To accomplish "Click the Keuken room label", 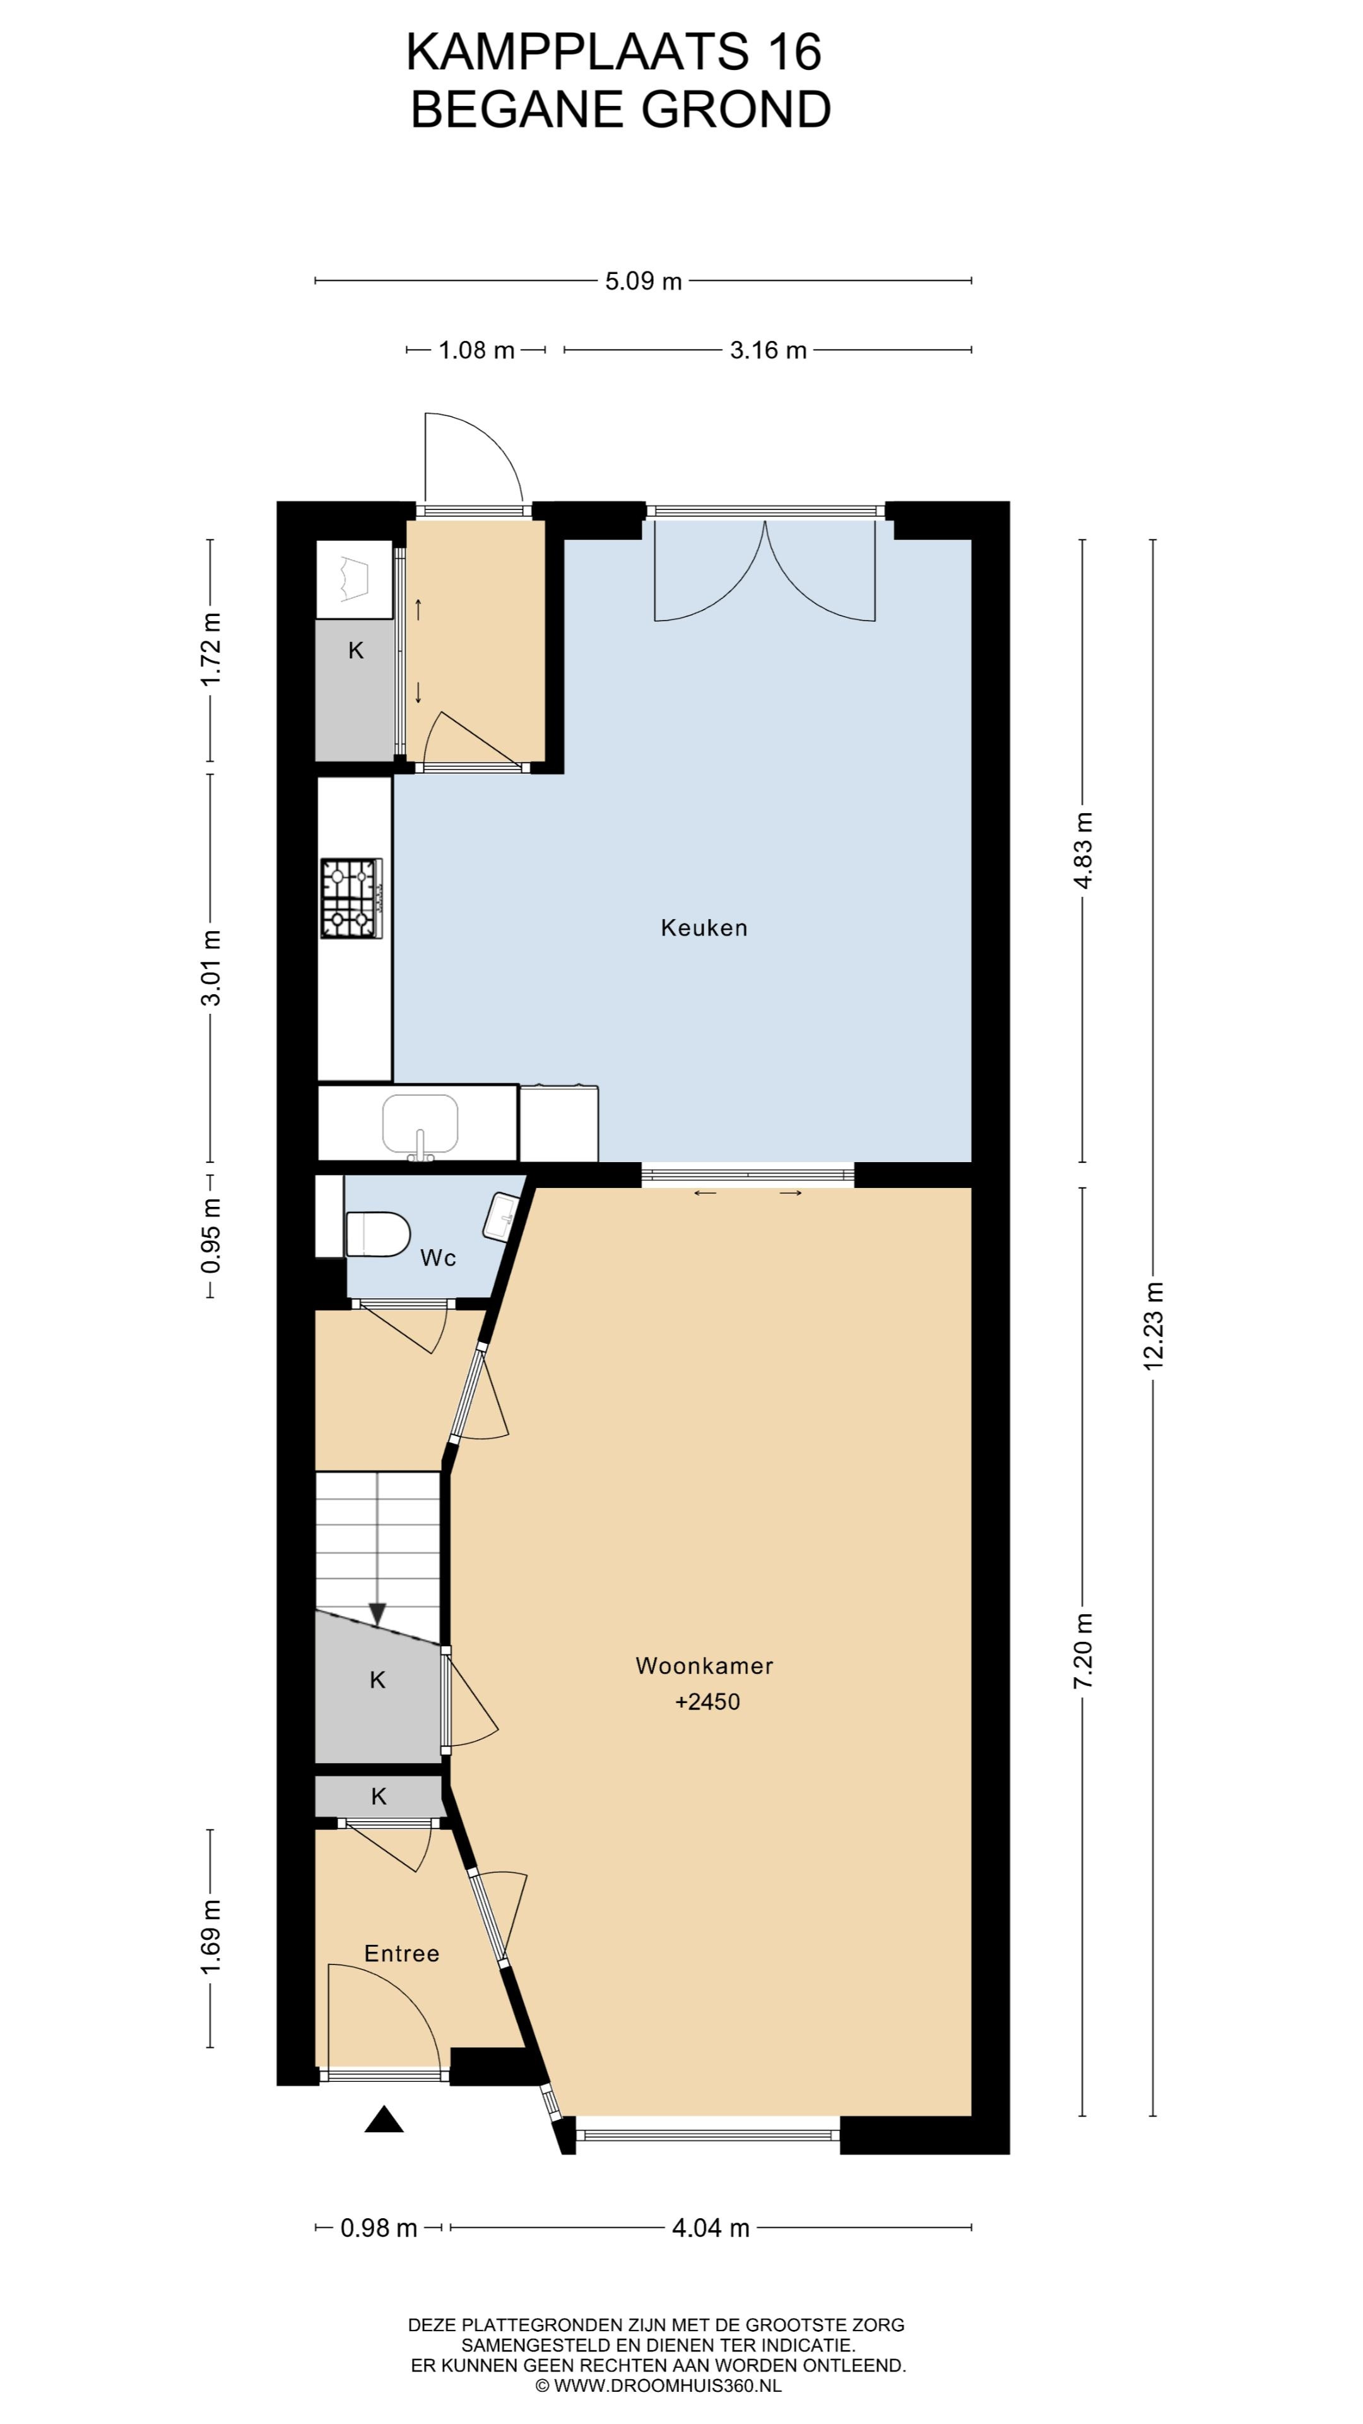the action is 704,928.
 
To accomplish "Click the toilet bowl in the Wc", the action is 378,1233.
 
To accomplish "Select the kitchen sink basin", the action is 420,1124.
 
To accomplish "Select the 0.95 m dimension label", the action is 211,1235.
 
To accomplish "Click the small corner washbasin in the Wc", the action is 500,1216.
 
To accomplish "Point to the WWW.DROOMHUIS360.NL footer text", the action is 667,2385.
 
